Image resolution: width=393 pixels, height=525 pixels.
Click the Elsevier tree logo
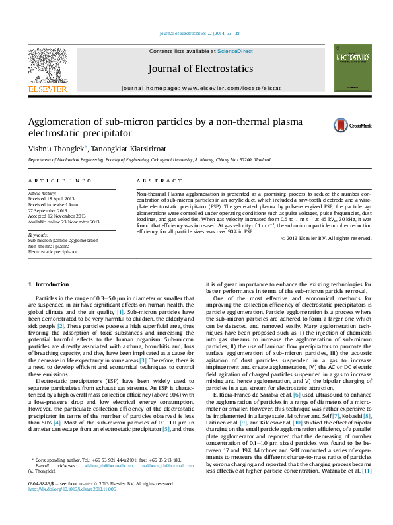point(47,65)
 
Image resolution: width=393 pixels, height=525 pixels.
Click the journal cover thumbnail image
point(348,68)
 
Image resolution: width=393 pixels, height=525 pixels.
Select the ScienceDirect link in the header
point(234,50)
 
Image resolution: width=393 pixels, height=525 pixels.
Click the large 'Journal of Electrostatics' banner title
point(200,69)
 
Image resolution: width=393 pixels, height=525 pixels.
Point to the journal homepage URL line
point(201,88)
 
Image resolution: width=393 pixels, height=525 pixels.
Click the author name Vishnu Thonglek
point(56,149)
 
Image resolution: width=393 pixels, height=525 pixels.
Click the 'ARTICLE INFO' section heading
point(59,181)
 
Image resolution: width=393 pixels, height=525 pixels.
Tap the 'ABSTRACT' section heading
point(155,181)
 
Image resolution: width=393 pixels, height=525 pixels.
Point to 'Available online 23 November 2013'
point(63,222)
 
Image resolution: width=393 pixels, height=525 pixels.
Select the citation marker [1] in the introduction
point(120,312)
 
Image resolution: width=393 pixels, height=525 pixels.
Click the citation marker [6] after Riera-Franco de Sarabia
point(296,394)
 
